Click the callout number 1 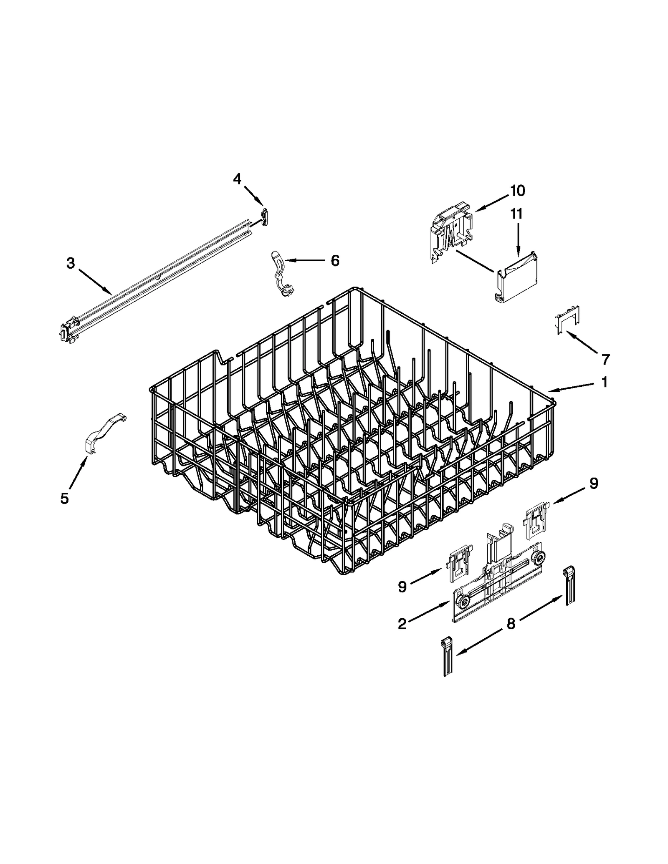tap(604, 382)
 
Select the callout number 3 tap(71, 263)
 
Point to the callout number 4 tap(237, 179)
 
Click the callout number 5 tap(64, 498)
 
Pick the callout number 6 tap(335, 261)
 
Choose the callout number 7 tap(605, 359)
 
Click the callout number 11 tap(516, 214)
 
